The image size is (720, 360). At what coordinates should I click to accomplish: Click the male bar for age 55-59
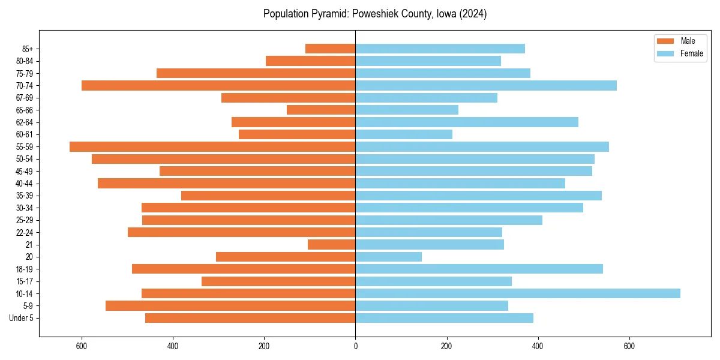[212, 146]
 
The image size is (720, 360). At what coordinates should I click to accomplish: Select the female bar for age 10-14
[517, 293]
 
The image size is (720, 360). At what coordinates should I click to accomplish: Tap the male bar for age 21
[331, 244]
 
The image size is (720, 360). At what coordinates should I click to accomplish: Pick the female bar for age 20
[388, 257]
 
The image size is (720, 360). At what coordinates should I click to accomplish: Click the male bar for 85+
[330, 49]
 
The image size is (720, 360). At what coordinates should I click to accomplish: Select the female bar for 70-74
[486, 85]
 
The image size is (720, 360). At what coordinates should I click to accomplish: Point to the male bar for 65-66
[321, 110]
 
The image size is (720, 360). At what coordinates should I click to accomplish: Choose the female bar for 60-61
[404, 134]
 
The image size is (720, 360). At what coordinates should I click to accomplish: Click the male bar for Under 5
[250, 318]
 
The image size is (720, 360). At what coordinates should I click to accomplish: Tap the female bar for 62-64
[467, 122]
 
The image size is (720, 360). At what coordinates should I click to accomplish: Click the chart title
[375, 14]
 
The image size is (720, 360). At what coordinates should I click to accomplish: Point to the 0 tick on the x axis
[355, 346]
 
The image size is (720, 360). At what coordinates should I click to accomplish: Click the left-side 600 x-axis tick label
[82, 346]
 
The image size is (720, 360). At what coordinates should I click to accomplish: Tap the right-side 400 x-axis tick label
[538, 346]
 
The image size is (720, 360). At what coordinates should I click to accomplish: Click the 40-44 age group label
[24, 183]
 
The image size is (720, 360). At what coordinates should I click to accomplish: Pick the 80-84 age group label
[24, 61]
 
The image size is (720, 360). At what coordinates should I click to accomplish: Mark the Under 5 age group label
[22, 318]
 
